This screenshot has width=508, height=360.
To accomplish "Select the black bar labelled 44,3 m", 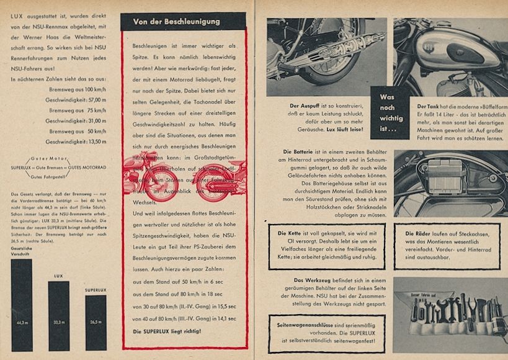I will [21, 304].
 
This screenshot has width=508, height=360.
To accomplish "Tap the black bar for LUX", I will [59, 317].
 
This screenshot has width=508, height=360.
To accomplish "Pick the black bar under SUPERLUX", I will [96, 323].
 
